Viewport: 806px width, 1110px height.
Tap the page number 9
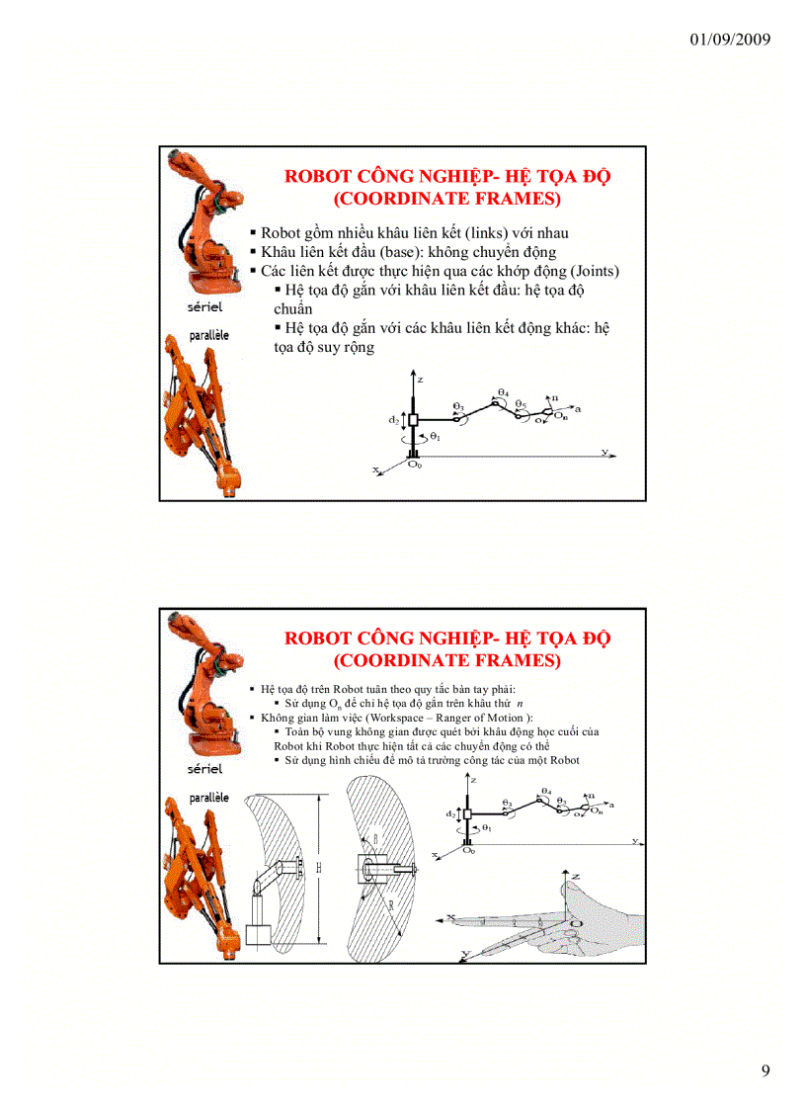coord(766,1071)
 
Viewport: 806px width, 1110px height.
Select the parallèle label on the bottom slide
coord(208,796)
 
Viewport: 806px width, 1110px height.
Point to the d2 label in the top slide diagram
coord(393,420)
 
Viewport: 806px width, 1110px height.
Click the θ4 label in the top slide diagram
coord(503,392)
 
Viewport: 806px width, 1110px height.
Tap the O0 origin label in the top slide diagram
coord(415,464)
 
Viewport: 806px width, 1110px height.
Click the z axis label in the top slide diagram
coord(420,379)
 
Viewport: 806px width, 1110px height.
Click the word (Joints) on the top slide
coord(589,270)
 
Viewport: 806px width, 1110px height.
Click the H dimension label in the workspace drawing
coord(319,867)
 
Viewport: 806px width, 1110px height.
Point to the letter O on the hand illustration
coord(573,923)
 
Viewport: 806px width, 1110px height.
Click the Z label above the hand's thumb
coord(575,877)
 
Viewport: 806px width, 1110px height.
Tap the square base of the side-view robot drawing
coord(258,934)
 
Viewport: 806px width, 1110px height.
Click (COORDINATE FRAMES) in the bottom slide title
coord(447,660)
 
